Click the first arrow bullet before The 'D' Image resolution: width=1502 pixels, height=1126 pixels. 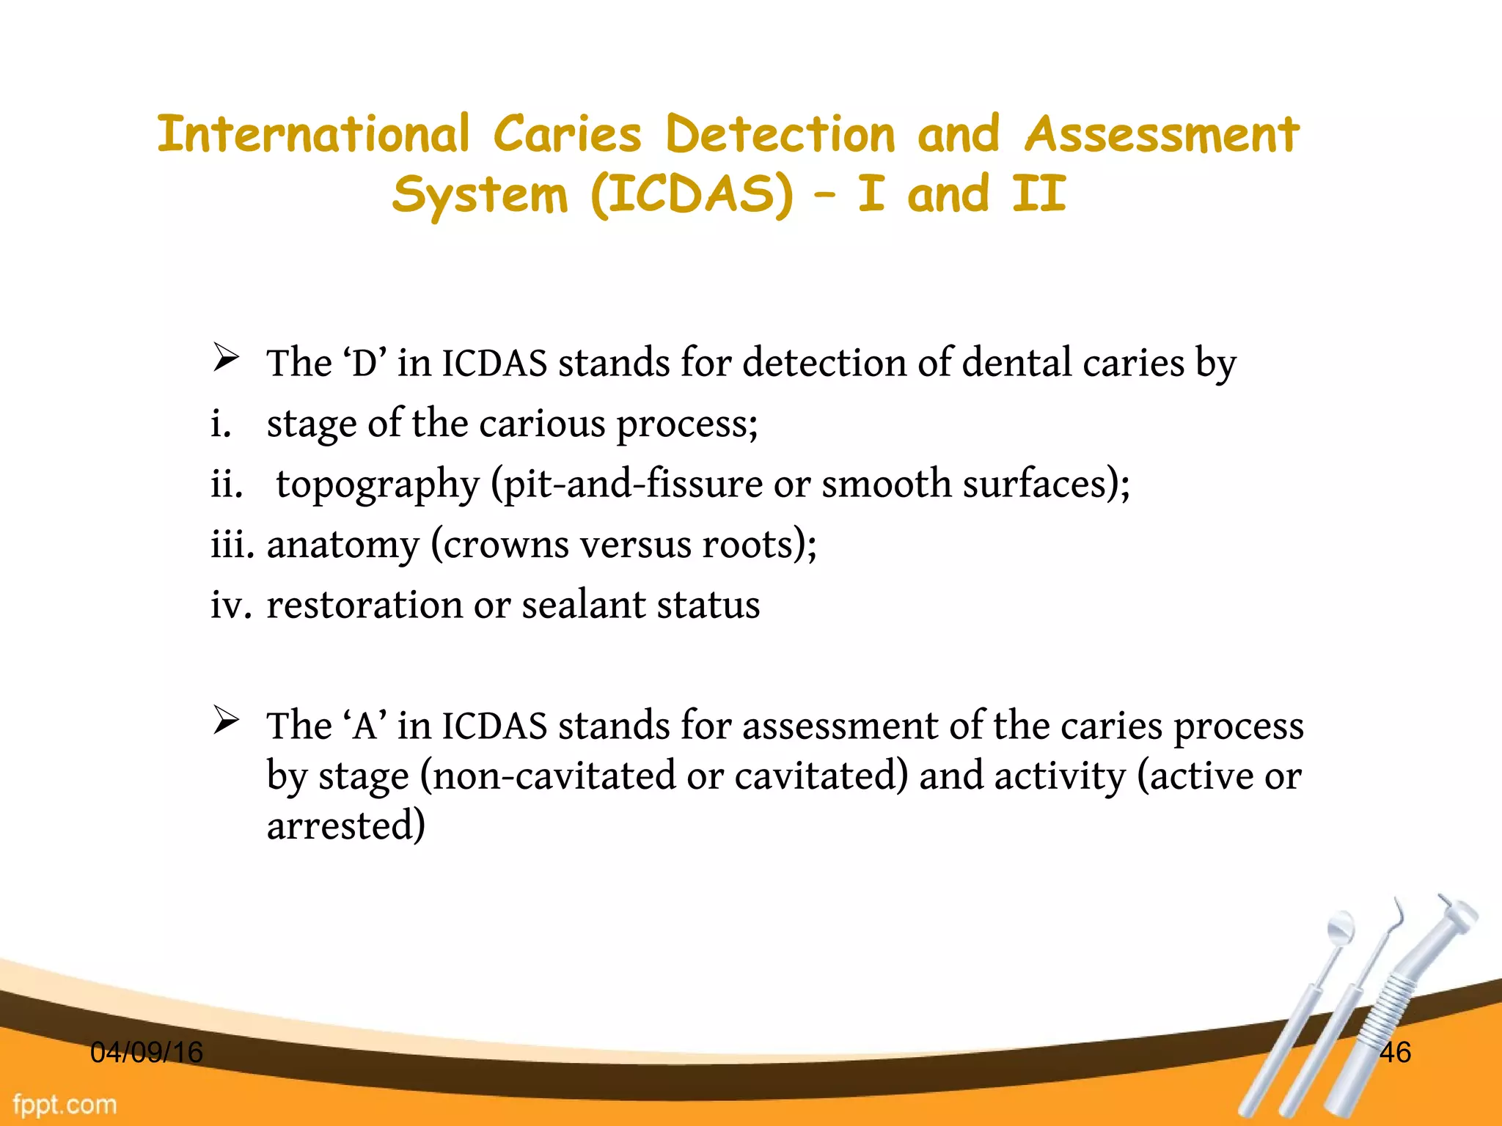pos(226,358)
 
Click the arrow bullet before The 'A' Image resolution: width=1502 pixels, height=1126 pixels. pos(226,721)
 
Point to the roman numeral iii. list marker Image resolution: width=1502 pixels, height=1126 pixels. pos(232,545)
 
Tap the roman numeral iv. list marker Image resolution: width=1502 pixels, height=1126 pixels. pos(231,606)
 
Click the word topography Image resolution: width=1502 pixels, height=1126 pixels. pos(377,485)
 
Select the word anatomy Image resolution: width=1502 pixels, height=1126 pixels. pos(342,545)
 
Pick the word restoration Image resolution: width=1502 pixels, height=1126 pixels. pos(364,606)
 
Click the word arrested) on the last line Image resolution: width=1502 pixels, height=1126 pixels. pos(345,826)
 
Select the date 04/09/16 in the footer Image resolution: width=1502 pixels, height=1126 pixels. pos(146,1053)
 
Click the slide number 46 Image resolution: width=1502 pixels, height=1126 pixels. pos(1395,1053)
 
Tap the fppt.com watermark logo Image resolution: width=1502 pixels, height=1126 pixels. pos(65,1105)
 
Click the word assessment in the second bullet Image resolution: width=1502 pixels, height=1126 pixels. pos(840,726)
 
